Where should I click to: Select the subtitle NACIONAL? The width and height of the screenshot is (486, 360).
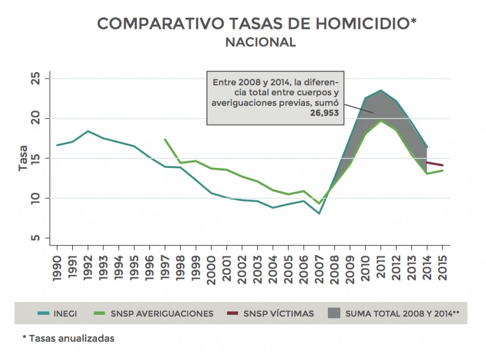click(x=261, y=42)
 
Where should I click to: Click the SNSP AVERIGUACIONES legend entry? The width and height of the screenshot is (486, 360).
click(x=162, y=314)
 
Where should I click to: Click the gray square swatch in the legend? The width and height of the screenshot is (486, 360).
click(x=334, y=314)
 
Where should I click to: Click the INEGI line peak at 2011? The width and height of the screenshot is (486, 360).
click(x=381, y=90)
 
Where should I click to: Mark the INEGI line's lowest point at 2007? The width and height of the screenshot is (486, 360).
click(x=319, y=213)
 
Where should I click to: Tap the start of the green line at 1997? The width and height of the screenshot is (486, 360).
click(x=165, y=139)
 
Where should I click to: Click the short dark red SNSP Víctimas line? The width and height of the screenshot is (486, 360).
click(x=435, y=164)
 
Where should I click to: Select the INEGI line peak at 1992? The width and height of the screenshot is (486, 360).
click(x=88, y=131)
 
